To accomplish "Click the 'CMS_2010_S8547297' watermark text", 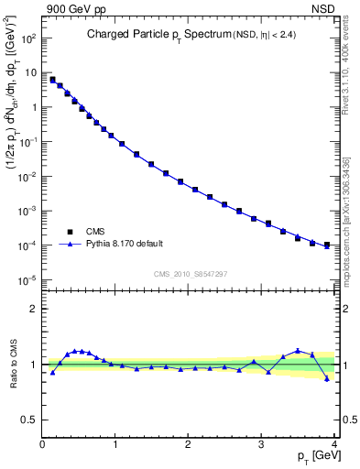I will [190, 273].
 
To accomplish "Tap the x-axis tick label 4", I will [334, 445].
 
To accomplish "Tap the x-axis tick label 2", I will [189, 445].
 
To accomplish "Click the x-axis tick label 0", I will [42, 445].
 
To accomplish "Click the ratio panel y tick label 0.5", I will [30, 420].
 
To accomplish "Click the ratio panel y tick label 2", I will [34, 309].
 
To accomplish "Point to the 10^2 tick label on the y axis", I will [27, 38].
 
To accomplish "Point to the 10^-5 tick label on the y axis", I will [27, 280].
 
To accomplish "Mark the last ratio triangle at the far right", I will [327, 377].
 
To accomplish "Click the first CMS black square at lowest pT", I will [52, 80].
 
